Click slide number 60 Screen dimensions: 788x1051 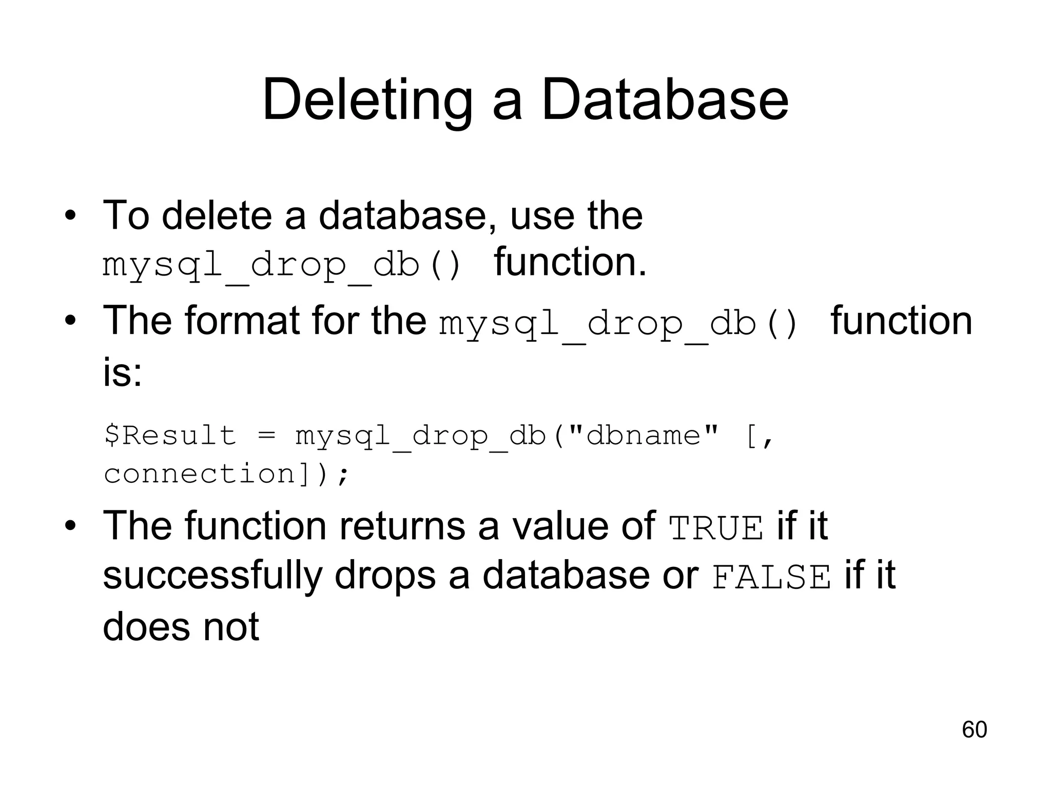(974, 730)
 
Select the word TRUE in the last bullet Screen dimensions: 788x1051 (716, 528)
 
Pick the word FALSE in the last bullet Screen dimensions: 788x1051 (771, 577)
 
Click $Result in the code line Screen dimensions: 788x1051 (170, 436)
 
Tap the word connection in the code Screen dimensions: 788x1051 (200, 473)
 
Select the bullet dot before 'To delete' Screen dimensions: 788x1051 (70, 215)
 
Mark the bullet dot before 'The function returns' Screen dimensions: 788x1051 (70, 526)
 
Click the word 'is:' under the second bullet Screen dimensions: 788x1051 (122, 372)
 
